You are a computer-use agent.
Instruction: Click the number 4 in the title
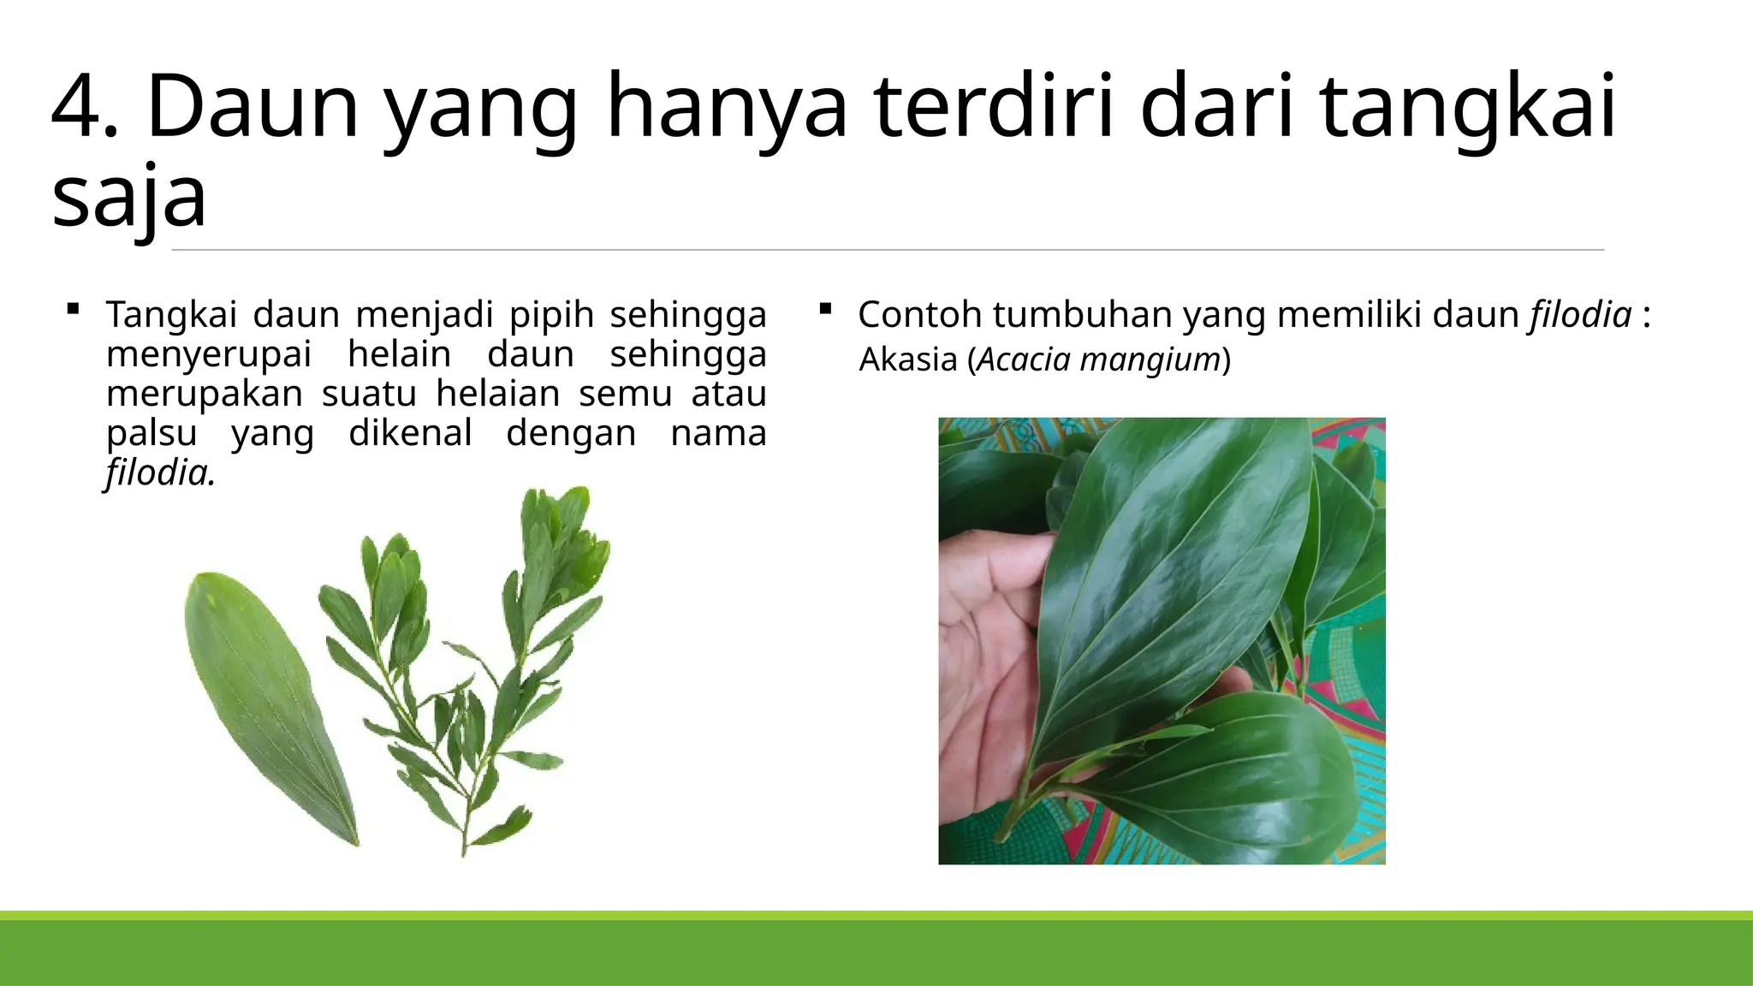(x=82, y=107)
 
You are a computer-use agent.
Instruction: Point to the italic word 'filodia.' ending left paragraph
(x=161, y=472)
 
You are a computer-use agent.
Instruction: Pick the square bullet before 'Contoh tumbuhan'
(x=825, y=308)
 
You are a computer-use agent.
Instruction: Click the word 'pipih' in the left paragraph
(x=552, y=315)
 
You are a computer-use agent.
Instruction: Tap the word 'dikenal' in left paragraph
(x=410, y=433)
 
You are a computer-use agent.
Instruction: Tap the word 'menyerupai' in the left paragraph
(x=209, y=354)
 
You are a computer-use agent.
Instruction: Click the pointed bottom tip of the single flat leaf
(x=354, y=843)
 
